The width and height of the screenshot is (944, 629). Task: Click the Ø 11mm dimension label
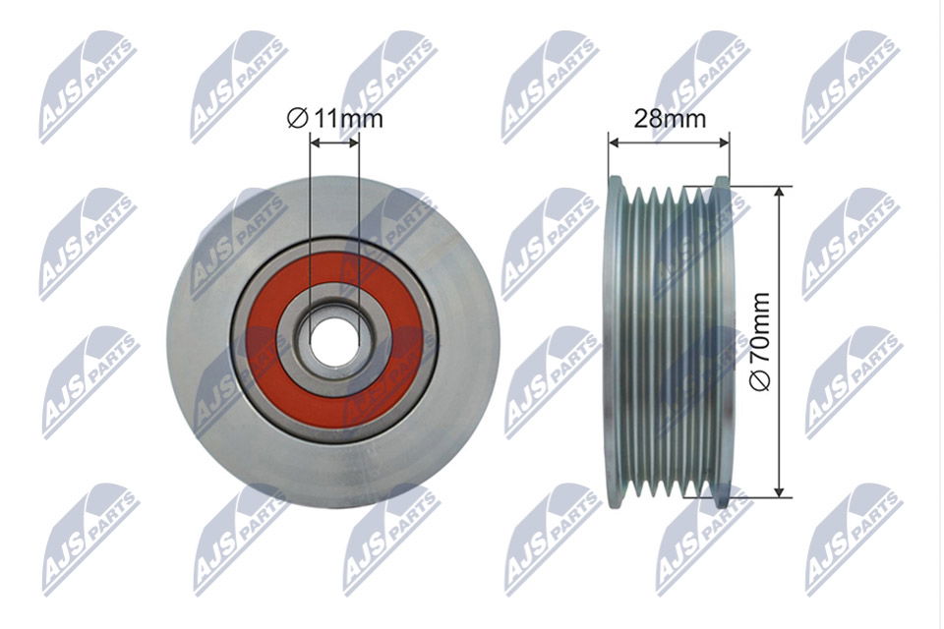tap(334, 119)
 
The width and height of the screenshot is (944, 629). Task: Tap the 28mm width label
tap(670, 119)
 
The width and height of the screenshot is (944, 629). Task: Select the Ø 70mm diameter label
tap(760, 341)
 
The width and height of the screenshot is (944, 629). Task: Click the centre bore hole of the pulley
tap(334, 341)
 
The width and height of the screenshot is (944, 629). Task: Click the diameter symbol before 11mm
tap(297, 119)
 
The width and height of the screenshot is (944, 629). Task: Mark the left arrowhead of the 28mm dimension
tap(614, 143)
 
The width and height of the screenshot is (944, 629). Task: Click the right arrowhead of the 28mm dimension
tap(724, 143)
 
